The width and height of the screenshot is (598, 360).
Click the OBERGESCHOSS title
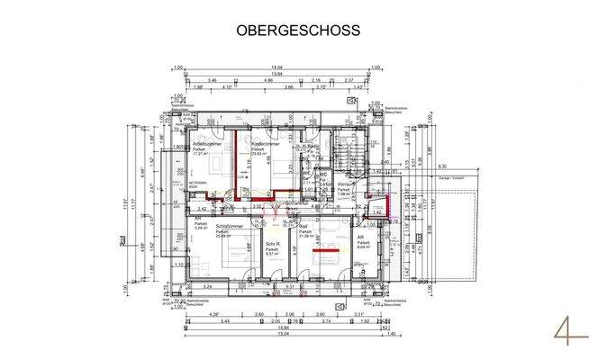point(298,30)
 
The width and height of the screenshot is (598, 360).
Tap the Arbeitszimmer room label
point(207,143)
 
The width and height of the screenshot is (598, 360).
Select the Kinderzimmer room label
point(265,143)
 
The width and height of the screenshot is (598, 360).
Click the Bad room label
point(304,227)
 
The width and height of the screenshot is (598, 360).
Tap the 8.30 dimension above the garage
point(441,166)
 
